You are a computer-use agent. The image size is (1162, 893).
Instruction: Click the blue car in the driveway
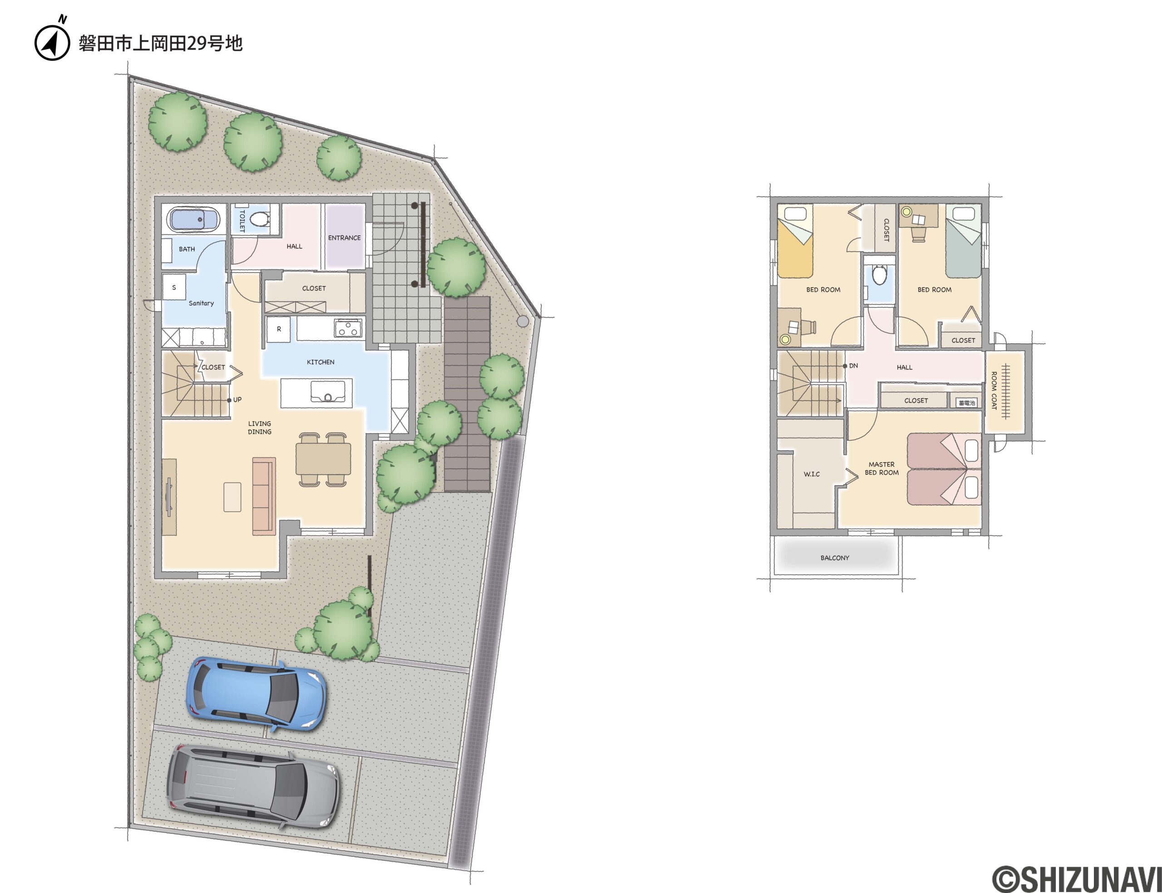(x=256, y=693)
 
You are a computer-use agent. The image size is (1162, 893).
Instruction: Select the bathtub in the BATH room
(x=194, y=219)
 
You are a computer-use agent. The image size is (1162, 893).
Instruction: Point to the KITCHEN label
(x=320, y=362)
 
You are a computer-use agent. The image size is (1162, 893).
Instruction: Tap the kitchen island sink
(x=325, y=392)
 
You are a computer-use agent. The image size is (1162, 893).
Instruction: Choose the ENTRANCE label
(x=344, y=238)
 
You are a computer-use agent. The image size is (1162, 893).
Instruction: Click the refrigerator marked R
(x=278, y=329)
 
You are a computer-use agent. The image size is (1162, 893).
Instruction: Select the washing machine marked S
(x=174, y=288)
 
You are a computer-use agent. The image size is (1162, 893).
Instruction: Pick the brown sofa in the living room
(x=264, y=495)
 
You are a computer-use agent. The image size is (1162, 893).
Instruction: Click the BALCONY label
(x=835, y=557)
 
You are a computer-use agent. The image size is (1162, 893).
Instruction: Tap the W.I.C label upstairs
(x=812, y=473)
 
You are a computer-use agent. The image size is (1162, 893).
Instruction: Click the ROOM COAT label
(x=993, y=390)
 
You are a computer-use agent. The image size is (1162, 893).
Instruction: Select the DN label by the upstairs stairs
(x=853, y=366)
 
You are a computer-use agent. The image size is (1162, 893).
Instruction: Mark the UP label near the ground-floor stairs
(x=237, y=400)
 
